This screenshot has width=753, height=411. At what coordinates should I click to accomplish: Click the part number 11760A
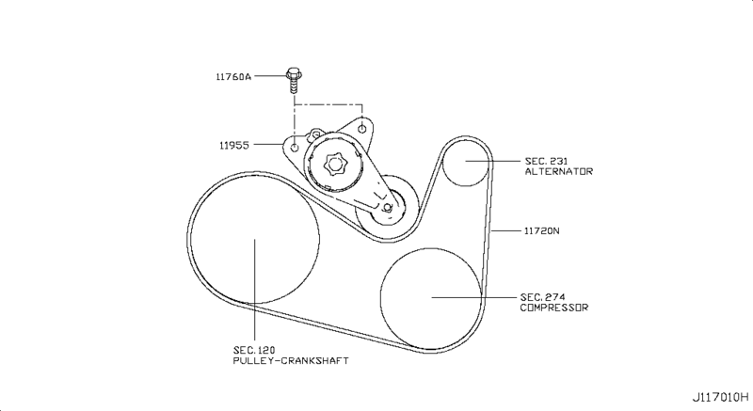coord(234,77)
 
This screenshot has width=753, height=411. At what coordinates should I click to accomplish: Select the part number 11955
coord(235,145)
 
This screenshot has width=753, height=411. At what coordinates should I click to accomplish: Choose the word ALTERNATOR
coord(559,172)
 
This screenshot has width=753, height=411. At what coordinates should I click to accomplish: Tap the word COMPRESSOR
coord(553,308)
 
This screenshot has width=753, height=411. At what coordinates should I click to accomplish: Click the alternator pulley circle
coord(467,161)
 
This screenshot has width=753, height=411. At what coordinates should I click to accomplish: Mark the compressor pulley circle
coord(432,296)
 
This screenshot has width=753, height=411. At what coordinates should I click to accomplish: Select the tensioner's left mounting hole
coord(295,149)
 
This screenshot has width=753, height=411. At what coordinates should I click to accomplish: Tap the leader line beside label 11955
coord(269,145)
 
